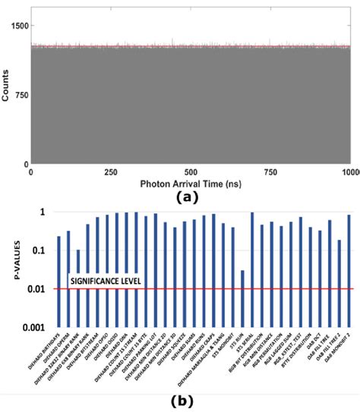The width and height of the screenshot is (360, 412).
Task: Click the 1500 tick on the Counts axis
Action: coord(16,25)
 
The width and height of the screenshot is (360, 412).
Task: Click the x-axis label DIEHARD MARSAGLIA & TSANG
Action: coord(206,357)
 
